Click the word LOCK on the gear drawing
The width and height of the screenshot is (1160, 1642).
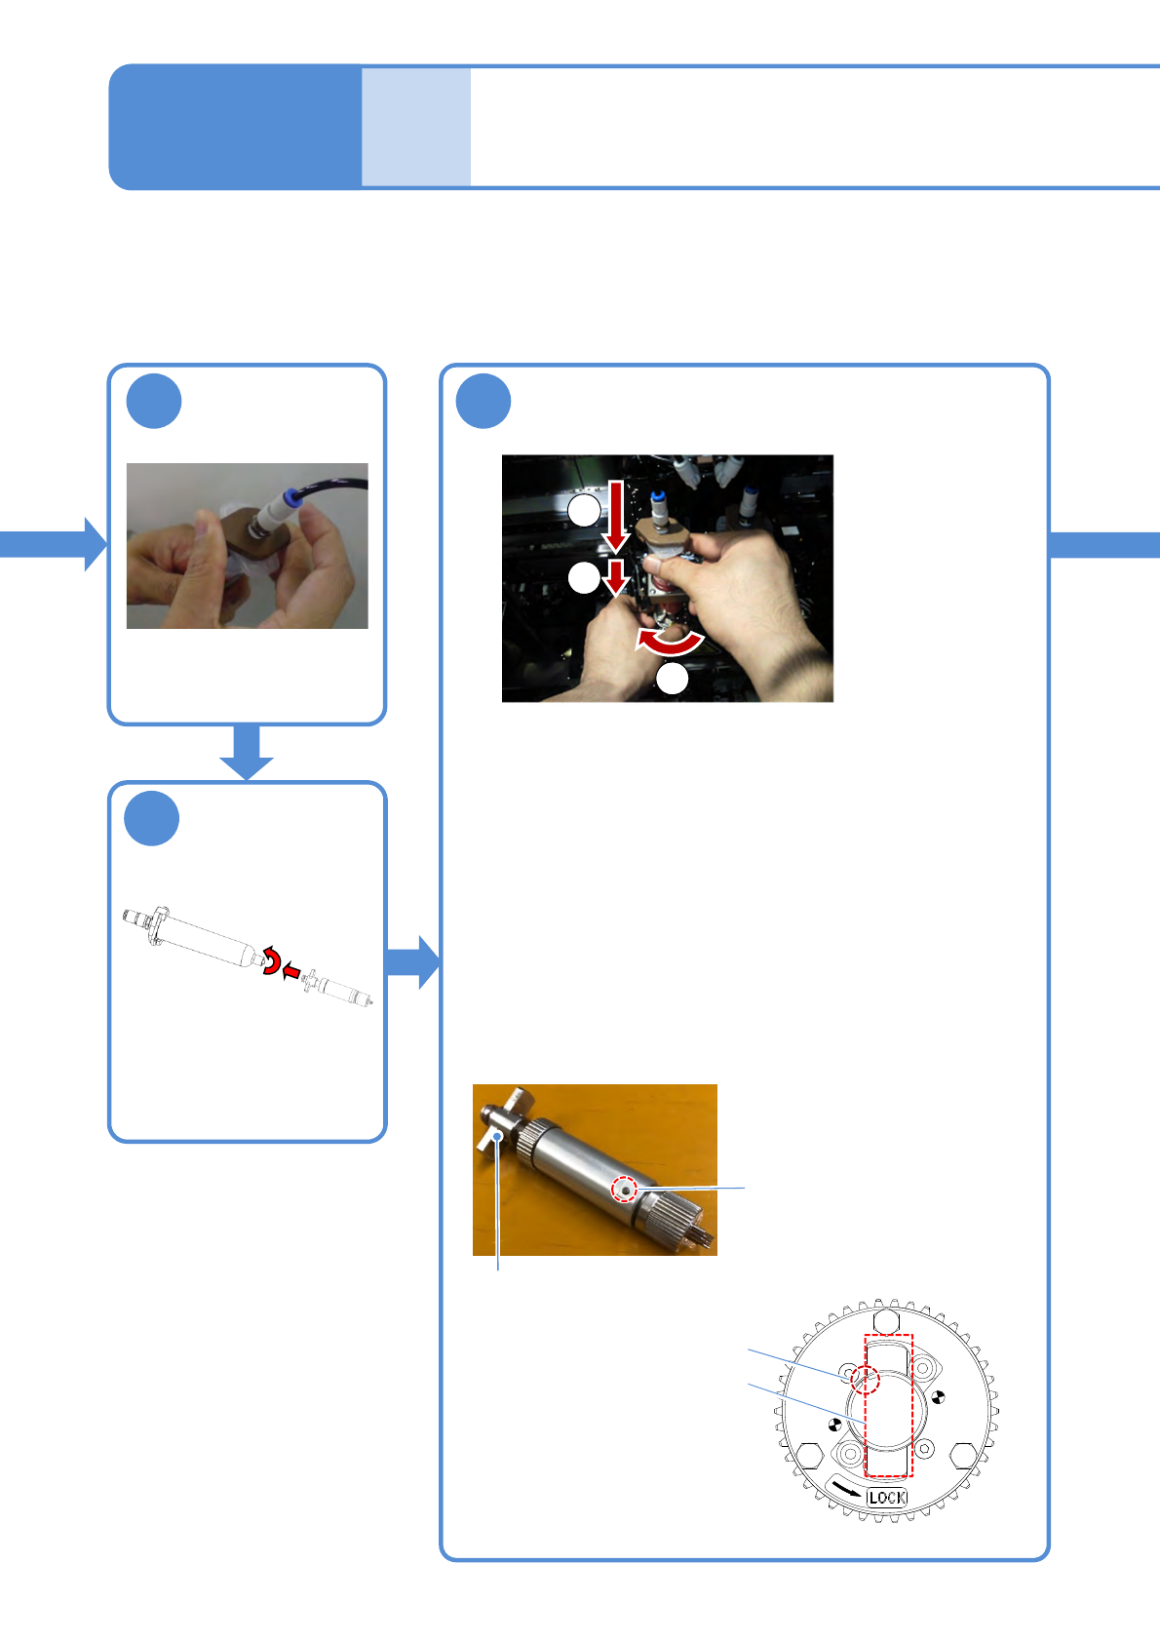pyautogui.click(x=887, y=1497)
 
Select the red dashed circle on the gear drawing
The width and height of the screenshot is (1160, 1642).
pyautogui.click(x=866, y=1380)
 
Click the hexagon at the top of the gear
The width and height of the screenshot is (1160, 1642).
pyautogui.click(x=885, y=1321)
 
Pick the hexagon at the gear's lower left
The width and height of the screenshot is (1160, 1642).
pyautogui.click(x=810, y=1457)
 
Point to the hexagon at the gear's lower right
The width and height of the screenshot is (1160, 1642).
pyautogui.click(x=963, y=1456)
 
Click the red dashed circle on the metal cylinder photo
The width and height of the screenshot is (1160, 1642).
pyautogui.click(x=625, y=1190)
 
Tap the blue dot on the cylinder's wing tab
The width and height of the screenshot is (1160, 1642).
pyautogui.click(x=498, y=1137)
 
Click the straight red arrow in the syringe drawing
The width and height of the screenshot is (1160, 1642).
pyautogui.click(x=290, y=972)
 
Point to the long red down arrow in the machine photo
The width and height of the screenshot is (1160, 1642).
pyautogui.click(x=616, y=514)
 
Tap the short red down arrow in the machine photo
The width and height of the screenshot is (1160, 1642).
pyautogui.click(x=616, y=577)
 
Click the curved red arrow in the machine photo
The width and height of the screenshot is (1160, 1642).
pyautogui.click(x=670, y=641)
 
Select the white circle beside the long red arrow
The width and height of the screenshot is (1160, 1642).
pyautogui.click(x=584, y=510)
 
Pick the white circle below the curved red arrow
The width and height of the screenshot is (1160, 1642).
pyautogui.click(x=673, y=679)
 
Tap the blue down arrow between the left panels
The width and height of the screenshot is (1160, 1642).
pyautogui.click(x=247, y=753)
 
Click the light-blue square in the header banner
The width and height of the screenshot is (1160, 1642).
pyautogui.click(x=416, y=127)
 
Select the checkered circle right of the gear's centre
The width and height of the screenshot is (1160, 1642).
pyautogui.click(x=939, y=1397)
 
